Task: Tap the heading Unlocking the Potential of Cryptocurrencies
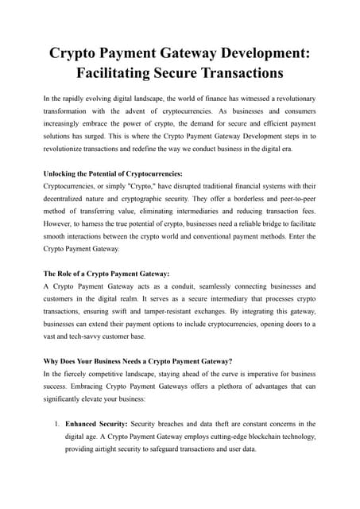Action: coord(113,173)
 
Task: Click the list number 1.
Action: coord(57,424)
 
